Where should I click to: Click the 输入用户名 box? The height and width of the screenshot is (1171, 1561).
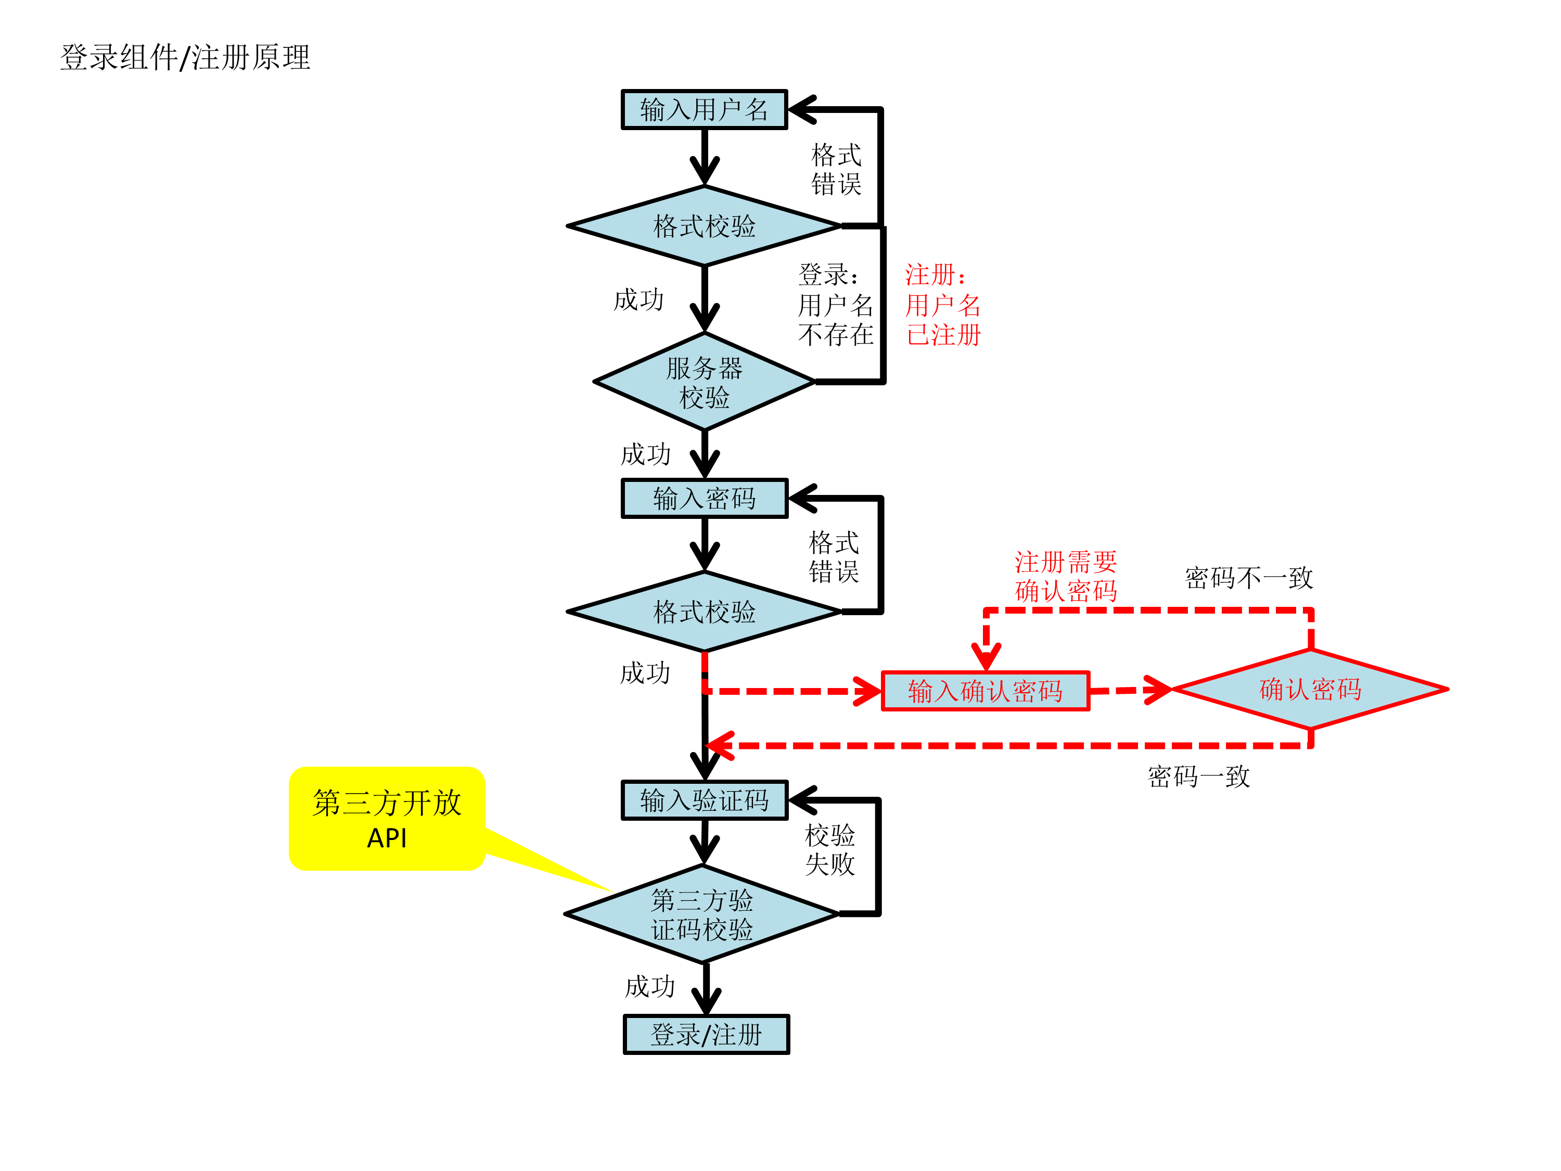coord(703,109)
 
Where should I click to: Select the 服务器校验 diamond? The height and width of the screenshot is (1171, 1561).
coord(703,382)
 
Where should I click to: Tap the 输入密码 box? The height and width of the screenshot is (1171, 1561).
coord(703,499)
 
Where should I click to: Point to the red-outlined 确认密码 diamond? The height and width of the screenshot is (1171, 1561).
coord(1310,689)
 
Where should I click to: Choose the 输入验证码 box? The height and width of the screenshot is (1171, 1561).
coord(703,800)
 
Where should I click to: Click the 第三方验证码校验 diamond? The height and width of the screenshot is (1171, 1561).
coord(701,914)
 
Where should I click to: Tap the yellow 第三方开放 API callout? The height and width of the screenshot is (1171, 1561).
coord(387,819)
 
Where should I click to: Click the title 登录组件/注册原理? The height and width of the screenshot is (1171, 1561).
coord(185,58)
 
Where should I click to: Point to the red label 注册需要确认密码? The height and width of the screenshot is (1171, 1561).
coord(1066,577)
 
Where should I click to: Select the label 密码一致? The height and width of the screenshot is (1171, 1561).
coord(1198,777)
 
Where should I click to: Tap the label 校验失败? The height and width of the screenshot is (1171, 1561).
coord(830,850)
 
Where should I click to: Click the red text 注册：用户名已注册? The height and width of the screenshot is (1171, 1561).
coord(943,305)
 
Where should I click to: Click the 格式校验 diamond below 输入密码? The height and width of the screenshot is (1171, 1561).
coord(703,612)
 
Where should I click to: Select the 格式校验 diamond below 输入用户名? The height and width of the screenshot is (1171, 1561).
coord(703,226)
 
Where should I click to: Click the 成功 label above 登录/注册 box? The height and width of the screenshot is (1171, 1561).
coord(650,987)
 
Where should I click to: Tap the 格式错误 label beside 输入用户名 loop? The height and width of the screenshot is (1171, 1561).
coord(836,169)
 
